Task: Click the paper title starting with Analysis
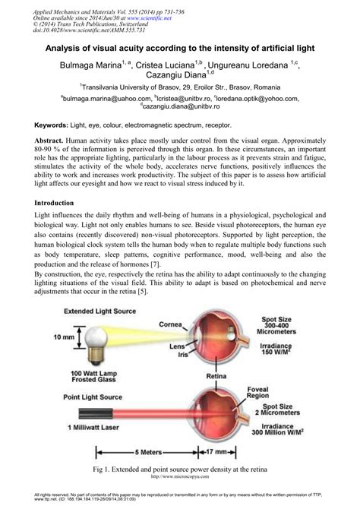pyautogui.click(x=179, y=47)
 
